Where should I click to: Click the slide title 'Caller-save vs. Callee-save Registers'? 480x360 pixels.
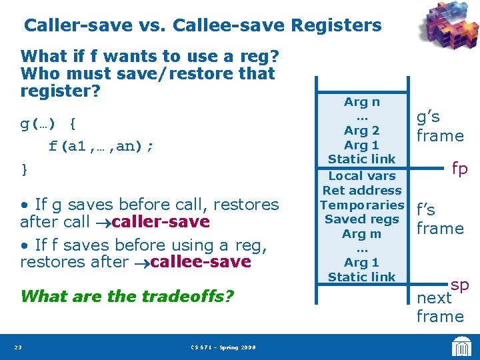pos(203,26)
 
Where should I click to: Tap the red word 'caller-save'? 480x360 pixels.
pos(161,221)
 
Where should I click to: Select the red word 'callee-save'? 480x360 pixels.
pos(201,262)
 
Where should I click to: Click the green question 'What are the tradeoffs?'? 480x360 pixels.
pos(127,295)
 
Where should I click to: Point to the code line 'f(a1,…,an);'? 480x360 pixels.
pos(101,146)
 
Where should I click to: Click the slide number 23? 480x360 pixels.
pos(19,347)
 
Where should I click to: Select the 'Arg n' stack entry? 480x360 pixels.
pos(362,102)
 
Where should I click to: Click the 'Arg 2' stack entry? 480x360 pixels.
pos(362,131)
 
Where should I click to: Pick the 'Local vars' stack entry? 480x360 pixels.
pos(362,176)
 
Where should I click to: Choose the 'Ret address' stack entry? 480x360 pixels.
pos(362,191)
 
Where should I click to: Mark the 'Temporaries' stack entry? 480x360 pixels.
pos(362,205)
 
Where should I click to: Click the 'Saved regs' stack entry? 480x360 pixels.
pos(362,219)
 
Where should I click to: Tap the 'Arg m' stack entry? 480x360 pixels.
pos(362,234)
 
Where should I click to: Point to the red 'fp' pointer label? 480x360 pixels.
pos(460,169)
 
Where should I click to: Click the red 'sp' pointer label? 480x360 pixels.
pos(460,285)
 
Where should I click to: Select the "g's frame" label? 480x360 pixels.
pos(439,127)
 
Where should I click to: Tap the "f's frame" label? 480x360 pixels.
pos(439,219)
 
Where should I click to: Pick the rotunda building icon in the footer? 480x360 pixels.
pos(460,346)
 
